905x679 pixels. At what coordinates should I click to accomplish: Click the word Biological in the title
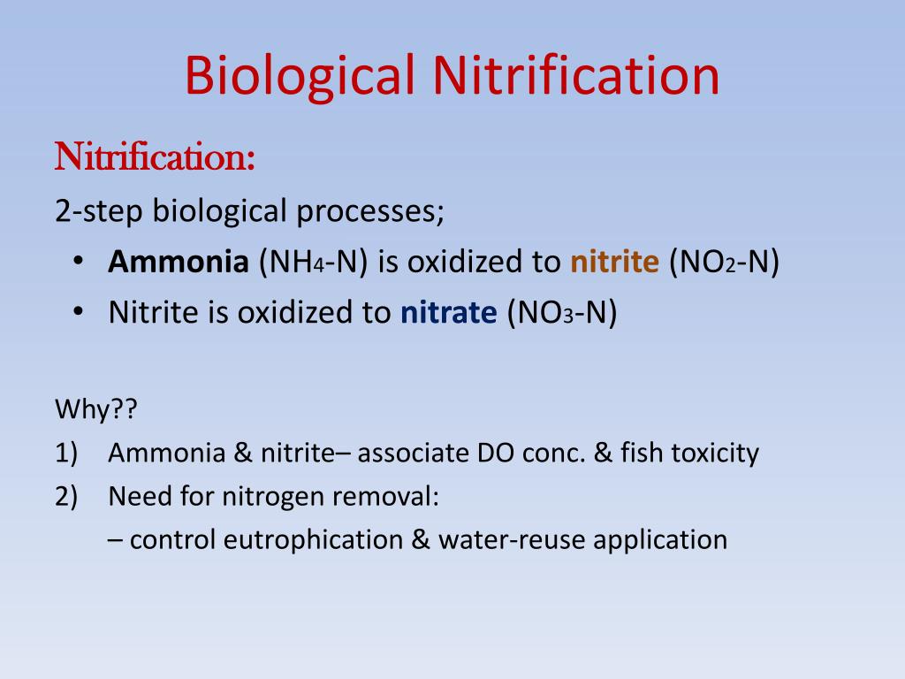pos(300,76)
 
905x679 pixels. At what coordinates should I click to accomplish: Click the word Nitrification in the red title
pos(575,74)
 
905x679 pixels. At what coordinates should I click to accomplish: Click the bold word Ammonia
pos(179,263)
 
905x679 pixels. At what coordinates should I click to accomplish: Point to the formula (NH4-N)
pos(313,263)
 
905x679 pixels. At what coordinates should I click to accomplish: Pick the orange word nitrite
pos(614,263)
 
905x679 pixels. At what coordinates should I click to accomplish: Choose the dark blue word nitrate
pos(449,313)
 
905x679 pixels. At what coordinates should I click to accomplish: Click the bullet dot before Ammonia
pos(78,263)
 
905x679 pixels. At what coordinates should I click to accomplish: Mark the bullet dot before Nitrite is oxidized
pos(78,313)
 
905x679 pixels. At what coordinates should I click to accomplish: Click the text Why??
pos(86,410)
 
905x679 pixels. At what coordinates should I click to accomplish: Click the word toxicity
pos(716,454)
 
